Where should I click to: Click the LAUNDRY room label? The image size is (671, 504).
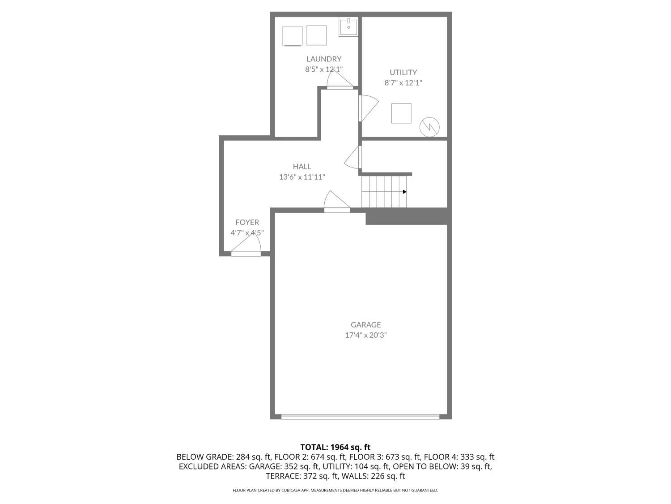click(323, 59)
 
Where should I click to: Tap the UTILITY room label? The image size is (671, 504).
click(403, 72)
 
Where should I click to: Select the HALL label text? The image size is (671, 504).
click(302, 167)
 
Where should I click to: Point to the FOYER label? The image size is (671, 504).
click(247, 222)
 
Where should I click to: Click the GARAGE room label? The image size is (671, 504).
click(365, 325)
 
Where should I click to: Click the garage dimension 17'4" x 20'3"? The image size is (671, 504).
click(365, 335)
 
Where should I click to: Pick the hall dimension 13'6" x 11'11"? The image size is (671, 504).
click(302, 177)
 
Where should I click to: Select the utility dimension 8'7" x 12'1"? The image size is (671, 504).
click(403, 82)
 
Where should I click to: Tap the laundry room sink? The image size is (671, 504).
click(348, 27)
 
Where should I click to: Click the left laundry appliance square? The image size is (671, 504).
click(293, 36)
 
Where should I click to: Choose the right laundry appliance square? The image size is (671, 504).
click(317, 35)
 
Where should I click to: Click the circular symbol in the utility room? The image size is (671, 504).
click(429, 127)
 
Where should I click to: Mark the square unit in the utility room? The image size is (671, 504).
click(401, 113)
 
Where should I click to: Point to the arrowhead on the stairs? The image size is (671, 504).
click(404, 192)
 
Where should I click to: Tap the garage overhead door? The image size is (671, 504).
click(360, 417)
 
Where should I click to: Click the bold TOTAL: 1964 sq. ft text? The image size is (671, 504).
click(335, 447)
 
